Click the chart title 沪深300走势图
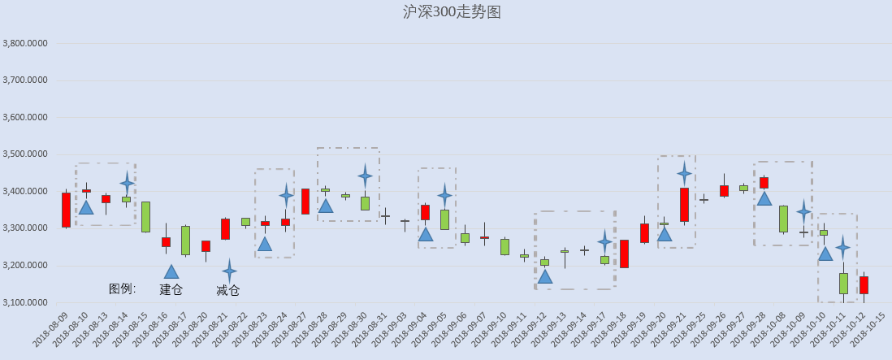tap(452, 12)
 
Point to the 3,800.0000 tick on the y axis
tap(24, 43)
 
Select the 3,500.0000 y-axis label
tap(24, 154)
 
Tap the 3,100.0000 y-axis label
tap(24, 302)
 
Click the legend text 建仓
tap(171, 289)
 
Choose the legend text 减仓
tap(227, 291)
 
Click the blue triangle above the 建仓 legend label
tap(171, 272)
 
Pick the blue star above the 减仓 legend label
tap(229, 271)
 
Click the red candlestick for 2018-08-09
tap(66, 210)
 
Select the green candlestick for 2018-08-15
tap(145, 217)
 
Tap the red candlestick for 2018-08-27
tap(305, 202)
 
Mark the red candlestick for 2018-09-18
tap(624, 254)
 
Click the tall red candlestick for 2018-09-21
tap(684, 205)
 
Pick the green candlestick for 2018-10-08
tap(783, 219)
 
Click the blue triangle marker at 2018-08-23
tap(265, 244)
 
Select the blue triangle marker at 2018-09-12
tap(545, 276)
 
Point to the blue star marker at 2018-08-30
tap(366, 176)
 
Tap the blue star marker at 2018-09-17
tap(604, 241)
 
